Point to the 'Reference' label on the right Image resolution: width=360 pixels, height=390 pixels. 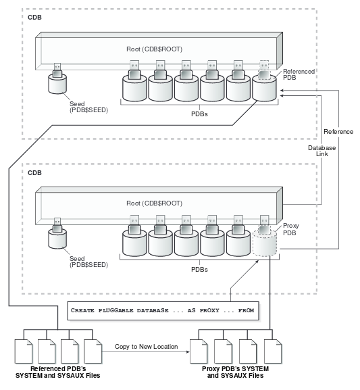click(338, 130)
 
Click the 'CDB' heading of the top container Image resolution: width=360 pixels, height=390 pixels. click(34, 16)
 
